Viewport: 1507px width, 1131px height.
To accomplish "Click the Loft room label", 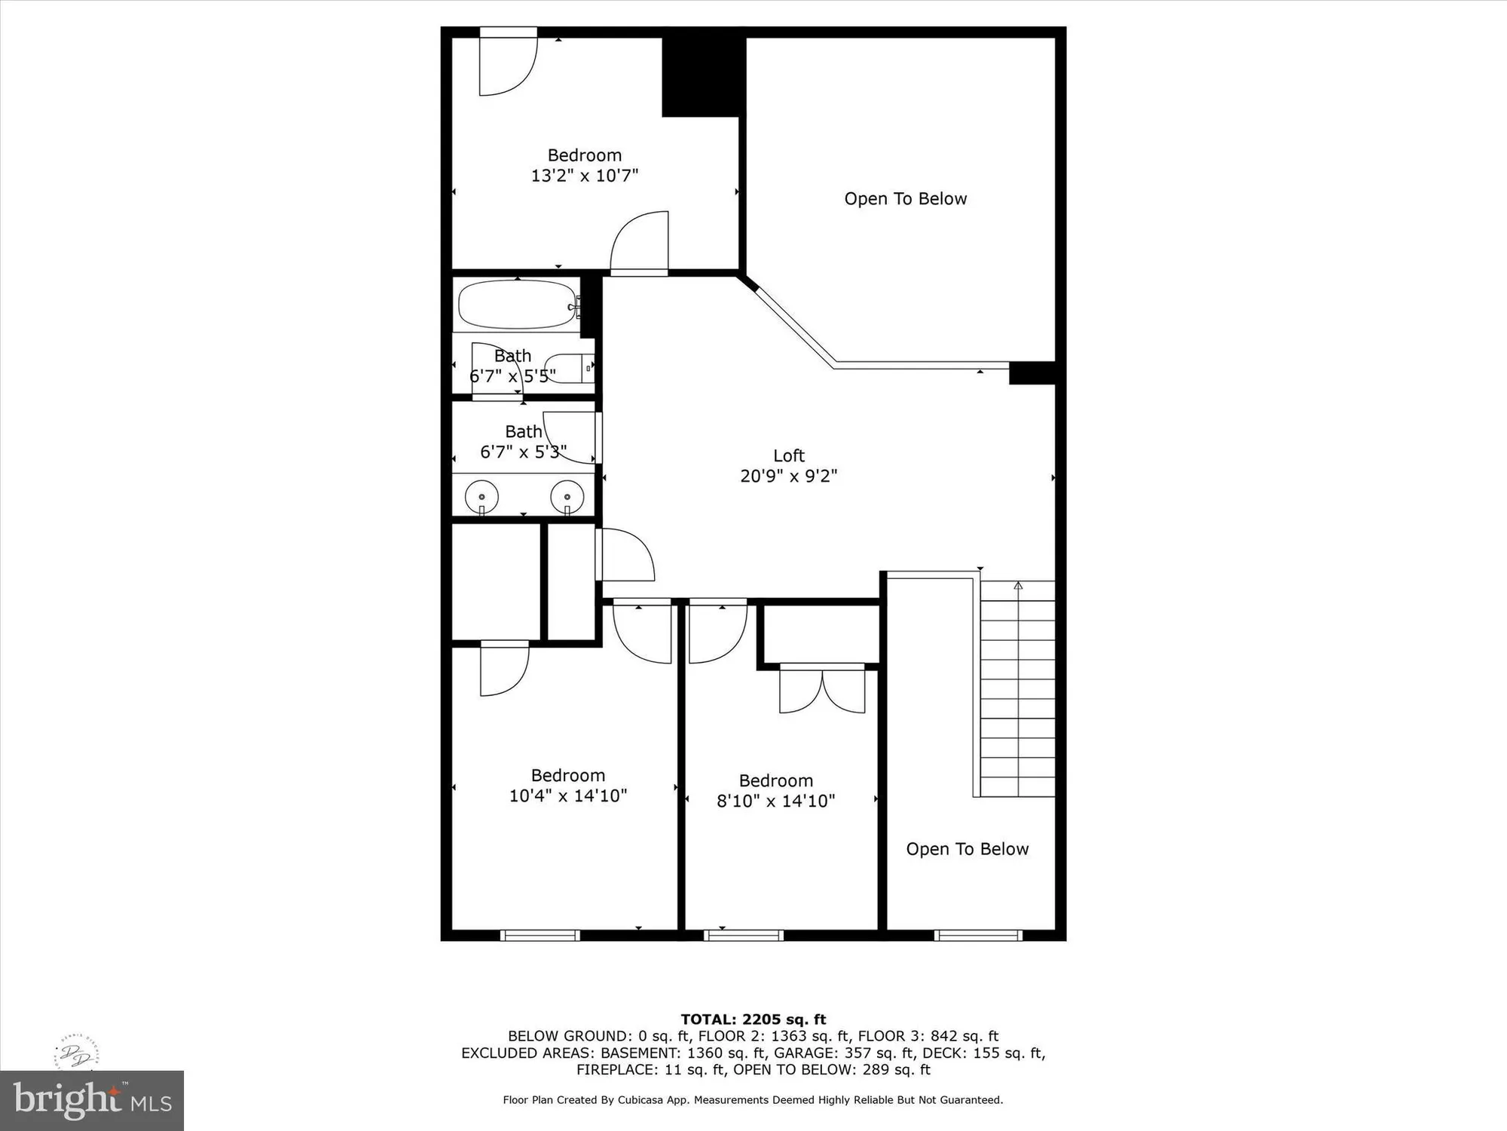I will coord(788,455).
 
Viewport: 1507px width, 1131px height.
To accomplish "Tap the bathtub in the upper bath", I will coord(517,305).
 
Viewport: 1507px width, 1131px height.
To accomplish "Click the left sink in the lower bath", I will coord(481,497).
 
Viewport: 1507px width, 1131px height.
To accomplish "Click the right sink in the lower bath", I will coord(567,497).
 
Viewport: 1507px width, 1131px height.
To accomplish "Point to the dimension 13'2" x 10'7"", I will coord(585,176).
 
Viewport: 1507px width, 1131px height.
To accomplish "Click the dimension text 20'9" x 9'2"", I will coord(788,476).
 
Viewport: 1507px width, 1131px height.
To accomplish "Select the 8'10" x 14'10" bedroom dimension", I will coord(775,801).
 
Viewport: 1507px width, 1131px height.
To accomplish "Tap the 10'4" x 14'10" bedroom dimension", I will coord(568,795).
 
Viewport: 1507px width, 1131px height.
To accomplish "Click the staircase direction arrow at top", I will coord(1018,586).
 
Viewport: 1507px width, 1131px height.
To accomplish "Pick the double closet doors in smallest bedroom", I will coord(822,689).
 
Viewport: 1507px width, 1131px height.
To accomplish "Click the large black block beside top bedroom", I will coord(703,76).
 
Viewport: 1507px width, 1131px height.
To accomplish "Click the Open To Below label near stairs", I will coord(967,849).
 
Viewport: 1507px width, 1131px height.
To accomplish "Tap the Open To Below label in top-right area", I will coord(905,199).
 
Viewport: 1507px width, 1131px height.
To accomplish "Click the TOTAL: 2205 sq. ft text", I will coord(753,1019).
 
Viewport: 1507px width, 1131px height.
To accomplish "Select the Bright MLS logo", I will coord(91,1101).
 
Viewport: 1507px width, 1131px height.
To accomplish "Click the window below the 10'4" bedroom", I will coord(540,936).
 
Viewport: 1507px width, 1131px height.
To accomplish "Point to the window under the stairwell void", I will coord(978,936).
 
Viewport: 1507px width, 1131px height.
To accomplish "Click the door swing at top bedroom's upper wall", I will coord(509,64).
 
